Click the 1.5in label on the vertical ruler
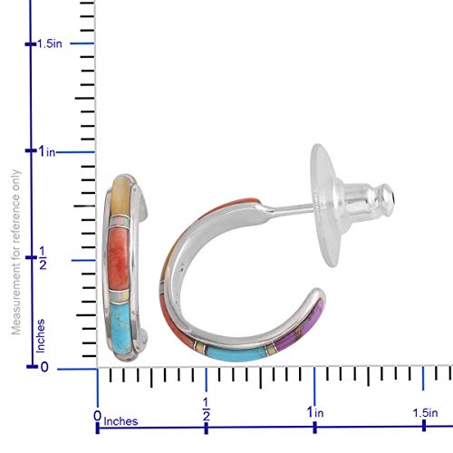tap(50, 43)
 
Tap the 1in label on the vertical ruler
tap(47, 151)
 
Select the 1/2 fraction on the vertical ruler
tap(43, 257)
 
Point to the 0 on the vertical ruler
tap(44, 367)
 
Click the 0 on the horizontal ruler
tap(97, 416)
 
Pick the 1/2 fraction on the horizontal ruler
tap(206, 410)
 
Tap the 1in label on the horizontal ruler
tap(315, 412)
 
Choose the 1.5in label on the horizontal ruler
tap(426, 413)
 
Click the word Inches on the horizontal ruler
tap(120, 421)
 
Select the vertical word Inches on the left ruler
tap(41, 336)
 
